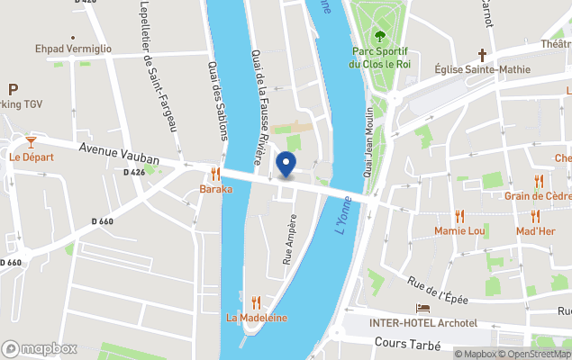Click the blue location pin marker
point(286,166)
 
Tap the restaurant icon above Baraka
point(215,174)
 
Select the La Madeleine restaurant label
point(257,317)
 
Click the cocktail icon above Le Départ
point(32,142)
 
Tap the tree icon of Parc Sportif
point(379,37)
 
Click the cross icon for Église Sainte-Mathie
point(482,54)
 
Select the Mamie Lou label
point(459,230)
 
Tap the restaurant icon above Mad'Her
point(535,216)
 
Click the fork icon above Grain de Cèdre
point(539,181)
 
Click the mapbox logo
point(40,348)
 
